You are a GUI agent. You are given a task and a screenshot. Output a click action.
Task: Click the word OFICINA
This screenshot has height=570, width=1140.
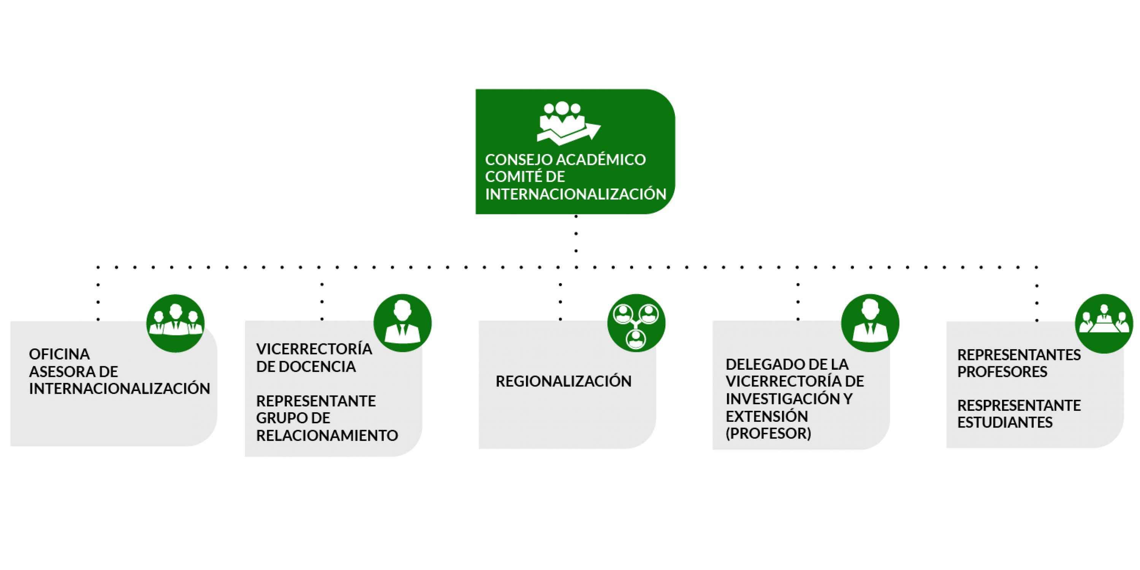(59, 354)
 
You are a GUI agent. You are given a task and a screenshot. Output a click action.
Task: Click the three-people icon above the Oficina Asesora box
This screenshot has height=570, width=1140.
(175, 323)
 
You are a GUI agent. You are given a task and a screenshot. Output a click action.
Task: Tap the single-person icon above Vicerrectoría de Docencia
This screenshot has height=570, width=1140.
(402, 323)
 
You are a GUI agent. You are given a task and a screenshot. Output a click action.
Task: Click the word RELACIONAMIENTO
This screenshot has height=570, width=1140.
(327, 435)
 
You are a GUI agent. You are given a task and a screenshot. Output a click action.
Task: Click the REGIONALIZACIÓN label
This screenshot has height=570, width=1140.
(564, 382)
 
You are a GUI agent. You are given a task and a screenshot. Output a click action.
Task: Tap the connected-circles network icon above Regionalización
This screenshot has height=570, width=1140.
(636, 323)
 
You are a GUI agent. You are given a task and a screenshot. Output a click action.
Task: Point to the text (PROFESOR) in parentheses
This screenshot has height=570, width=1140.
(768, 433)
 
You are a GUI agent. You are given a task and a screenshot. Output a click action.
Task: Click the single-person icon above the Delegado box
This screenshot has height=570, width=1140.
(870, 323)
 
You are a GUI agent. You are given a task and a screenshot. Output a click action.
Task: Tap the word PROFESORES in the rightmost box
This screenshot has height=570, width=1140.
(1002, 372)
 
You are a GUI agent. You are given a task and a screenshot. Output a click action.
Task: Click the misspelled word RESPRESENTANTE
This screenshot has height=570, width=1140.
(1019, 405)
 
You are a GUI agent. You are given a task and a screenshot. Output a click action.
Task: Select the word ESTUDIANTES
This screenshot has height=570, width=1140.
(1005, 423)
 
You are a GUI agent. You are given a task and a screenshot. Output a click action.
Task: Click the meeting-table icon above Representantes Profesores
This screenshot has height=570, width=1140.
(1104, 323)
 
